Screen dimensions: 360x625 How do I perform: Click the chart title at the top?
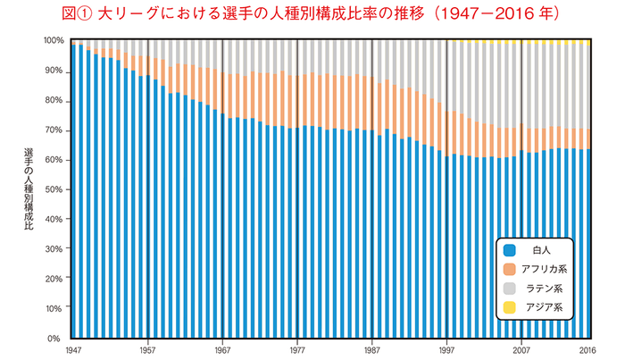312,14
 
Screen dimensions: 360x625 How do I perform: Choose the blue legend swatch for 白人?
511,250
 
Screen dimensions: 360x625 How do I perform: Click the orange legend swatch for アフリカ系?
511,270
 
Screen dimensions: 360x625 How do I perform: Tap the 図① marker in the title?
80,14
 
